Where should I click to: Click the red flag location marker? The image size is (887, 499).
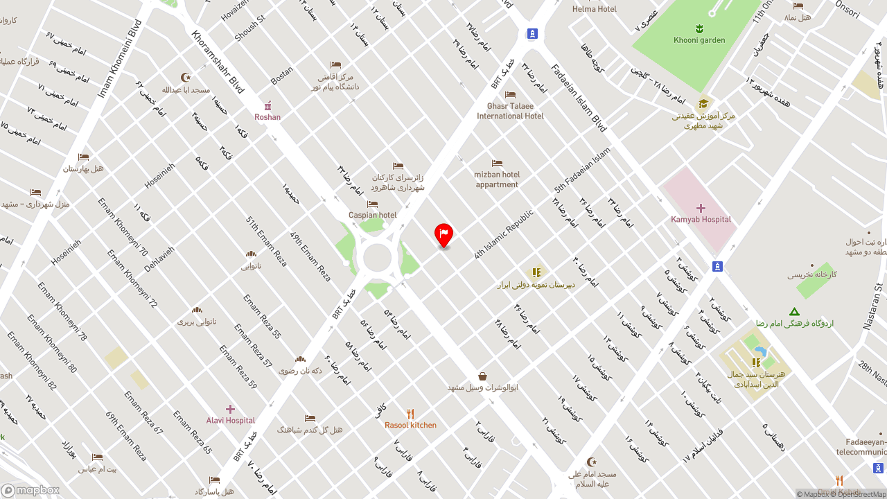coord(443,234)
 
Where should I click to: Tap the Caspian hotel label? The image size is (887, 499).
coord(373,215)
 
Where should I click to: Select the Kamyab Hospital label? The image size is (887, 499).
coord(701,220)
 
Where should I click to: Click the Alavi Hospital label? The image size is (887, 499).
coord(231,421)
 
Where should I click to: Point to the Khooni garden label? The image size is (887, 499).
coord(699,40)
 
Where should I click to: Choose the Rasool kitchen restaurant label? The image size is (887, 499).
coord(410,426)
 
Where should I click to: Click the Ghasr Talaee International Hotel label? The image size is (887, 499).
coord(510,111)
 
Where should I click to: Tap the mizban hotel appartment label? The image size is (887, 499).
coord(497,180)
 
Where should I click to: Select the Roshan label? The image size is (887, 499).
coord(267,117)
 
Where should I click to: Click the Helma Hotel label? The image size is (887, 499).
coord(594,9)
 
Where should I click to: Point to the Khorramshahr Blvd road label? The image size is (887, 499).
coord(218,62)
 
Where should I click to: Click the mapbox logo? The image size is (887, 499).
coord(30,490)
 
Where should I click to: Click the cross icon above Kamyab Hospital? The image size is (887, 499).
coord(701,208)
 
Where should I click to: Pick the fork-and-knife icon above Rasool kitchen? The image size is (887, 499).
coord(410,414)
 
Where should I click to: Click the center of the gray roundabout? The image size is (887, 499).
coord(377,258)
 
